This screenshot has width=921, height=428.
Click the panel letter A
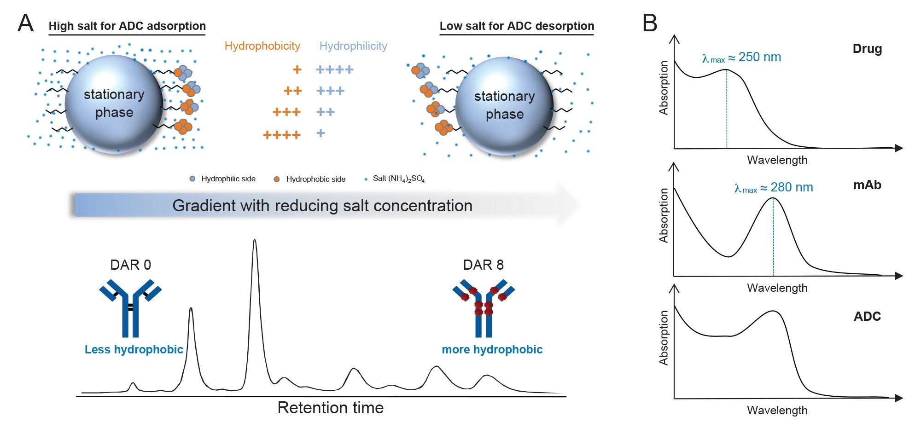pyautogui.click(x=26, y=23)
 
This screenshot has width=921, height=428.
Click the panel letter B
pyautogui.click(x=650, y=23)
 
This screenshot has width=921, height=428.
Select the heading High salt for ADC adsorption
pyautogui.click(x=127, y=26)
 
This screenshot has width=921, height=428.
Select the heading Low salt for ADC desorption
pyautogui.click(x=517, y=26)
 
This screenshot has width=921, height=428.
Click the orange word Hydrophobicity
pyautogui.click(x=262, y=46)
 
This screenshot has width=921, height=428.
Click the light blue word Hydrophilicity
pyautogui.click(x=353, y=46)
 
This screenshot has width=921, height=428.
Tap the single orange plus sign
pyautogui.click(x=297, y=69)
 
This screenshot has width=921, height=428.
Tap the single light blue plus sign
pyautogui.click(x=321, y=133)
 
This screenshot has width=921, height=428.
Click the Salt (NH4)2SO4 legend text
pyautogui.click(x=398, y=179)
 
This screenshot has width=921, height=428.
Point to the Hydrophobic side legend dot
pyautogui.click(x=277, y=179)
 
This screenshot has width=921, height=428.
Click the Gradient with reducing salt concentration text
pyautogui.click(x=322, y=206)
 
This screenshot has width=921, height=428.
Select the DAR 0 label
pyautogui.click(x=130, y=265)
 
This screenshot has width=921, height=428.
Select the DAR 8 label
pyautogui.click(x=483, y=265)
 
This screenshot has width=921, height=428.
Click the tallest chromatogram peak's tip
pyautogui.click(x=255, y=240)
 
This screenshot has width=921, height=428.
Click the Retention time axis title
pyautogui.click(x=330, y=408)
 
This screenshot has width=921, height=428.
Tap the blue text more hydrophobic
pyautogui.click(x=492, y=350)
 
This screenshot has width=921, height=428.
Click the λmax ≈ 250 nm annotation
pyautogui.click(x=741, y=58)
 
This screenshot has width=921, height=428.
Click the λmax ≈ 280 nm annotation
pyautogui.click(x=774, y=188)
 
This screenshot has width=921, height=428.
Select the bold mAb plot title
pyautogui.click(x=867, y=185)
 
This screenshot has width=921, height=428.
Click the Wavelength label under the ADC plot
pyautogui.click(x=777, y=411)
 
